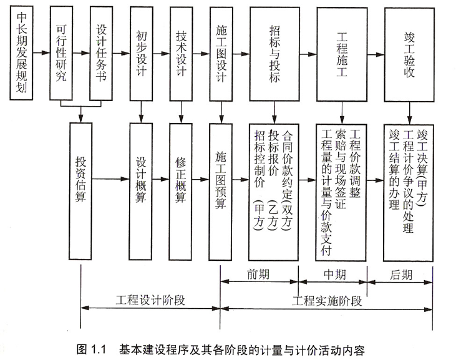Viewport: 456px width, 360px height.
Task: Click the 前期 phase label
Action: point(260,273)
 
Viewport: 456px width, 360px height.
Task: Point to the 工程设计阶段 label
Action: point(150,300)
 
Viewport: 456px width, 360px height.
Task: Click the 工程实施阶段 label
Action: point(327,300)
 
